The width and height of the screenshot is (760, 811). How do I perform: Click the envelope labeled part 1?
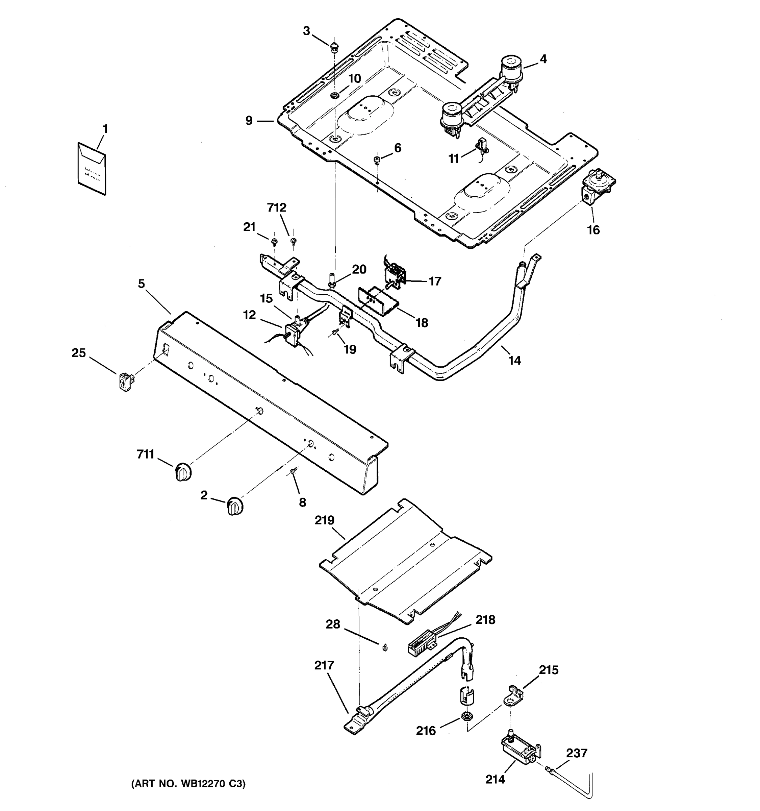click(92, 168)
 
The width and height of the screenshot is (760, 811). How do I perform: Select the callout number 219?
click(325, 520)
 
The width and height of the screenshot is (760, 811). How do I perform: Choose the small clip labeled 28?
click(384, 647)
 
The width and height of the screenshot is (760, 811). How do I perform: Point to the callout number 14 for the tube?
click(514, 360)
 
